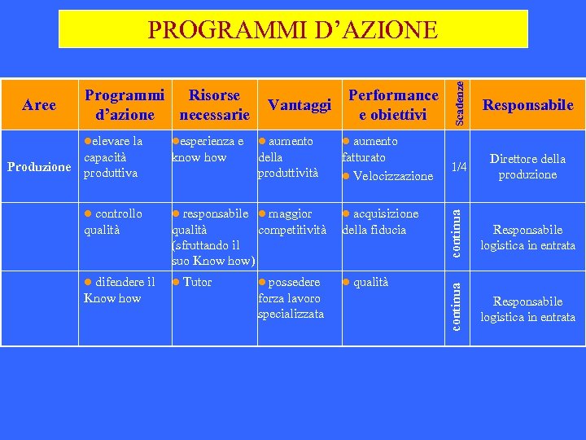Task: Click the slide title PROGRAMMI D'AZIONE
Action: pos(292,30)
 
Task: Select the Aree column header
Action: pos(39,104)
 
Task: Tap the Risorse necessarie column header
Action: pos(214,104)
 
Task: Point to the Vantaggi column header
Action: pos(299,105)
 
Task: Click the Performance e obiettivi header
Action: pos(393,104)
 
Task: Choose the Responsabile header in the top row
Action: pos(527,104)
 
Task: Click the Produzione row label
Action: pos(39,166)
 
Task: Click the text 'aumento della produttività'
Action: pos(287,157)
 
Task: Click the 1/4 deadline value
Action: pos(459,166)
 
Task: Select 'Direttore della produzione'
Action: pos(527,166)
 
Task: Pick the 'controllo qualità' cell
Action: pos(114,221)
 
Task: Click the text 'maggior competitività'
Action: pos(291,221)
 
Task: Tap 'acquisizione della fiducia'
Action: pos(380,221)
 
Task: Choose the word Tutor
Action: pos(196,282)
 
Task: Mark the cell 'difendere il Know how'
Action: pos(120,289)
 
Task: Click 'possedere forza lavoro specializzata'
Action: pos(291,297)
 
